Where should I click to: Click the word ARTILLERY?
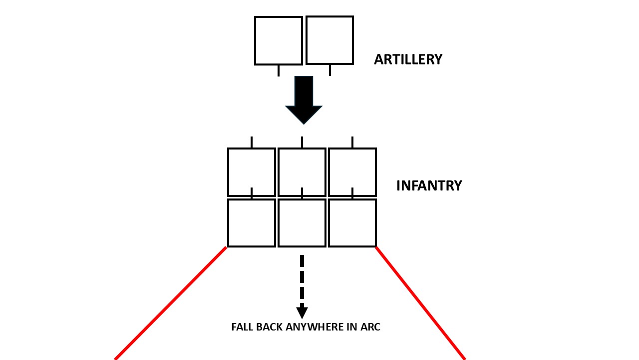point(408,59)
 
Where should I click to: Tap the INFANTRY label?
point(429,185)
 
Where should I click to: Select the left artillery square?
point(279,40)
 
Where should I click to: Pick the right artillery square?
point(329,40)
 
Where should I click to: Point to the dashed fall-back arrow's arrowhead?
point(302,312)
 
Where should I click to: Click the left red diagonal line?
point(171,303)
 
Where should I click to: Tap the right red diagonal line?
point(420,303)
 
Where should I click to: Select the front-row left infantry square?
point(252,172)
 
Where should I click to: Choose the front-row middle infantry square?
point(302,172)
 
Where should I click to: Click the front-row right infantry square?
point(352,172)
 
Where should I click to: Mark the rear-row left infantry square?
point(252,223)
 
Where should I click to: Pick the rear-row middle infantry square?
point(302,223)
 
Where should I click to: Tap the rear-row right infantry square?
point(352,223)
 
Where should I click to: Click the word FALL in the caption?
point(242,327)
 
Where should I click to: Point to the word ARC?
point(370,327)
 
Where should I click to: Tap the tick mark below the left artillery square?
point(279,70)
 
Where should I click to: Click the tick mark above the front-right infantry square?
point(352,142)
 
